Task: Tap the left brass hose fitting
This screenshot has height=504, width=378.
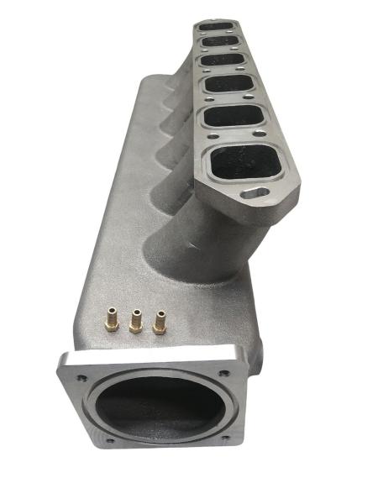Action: click(x=110, y=320)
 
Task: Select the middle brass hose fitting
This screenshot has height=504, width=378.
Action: click(x=134, y=320)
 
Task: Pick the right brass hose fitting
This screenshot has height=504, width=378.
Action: click(x=158, y=323)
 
